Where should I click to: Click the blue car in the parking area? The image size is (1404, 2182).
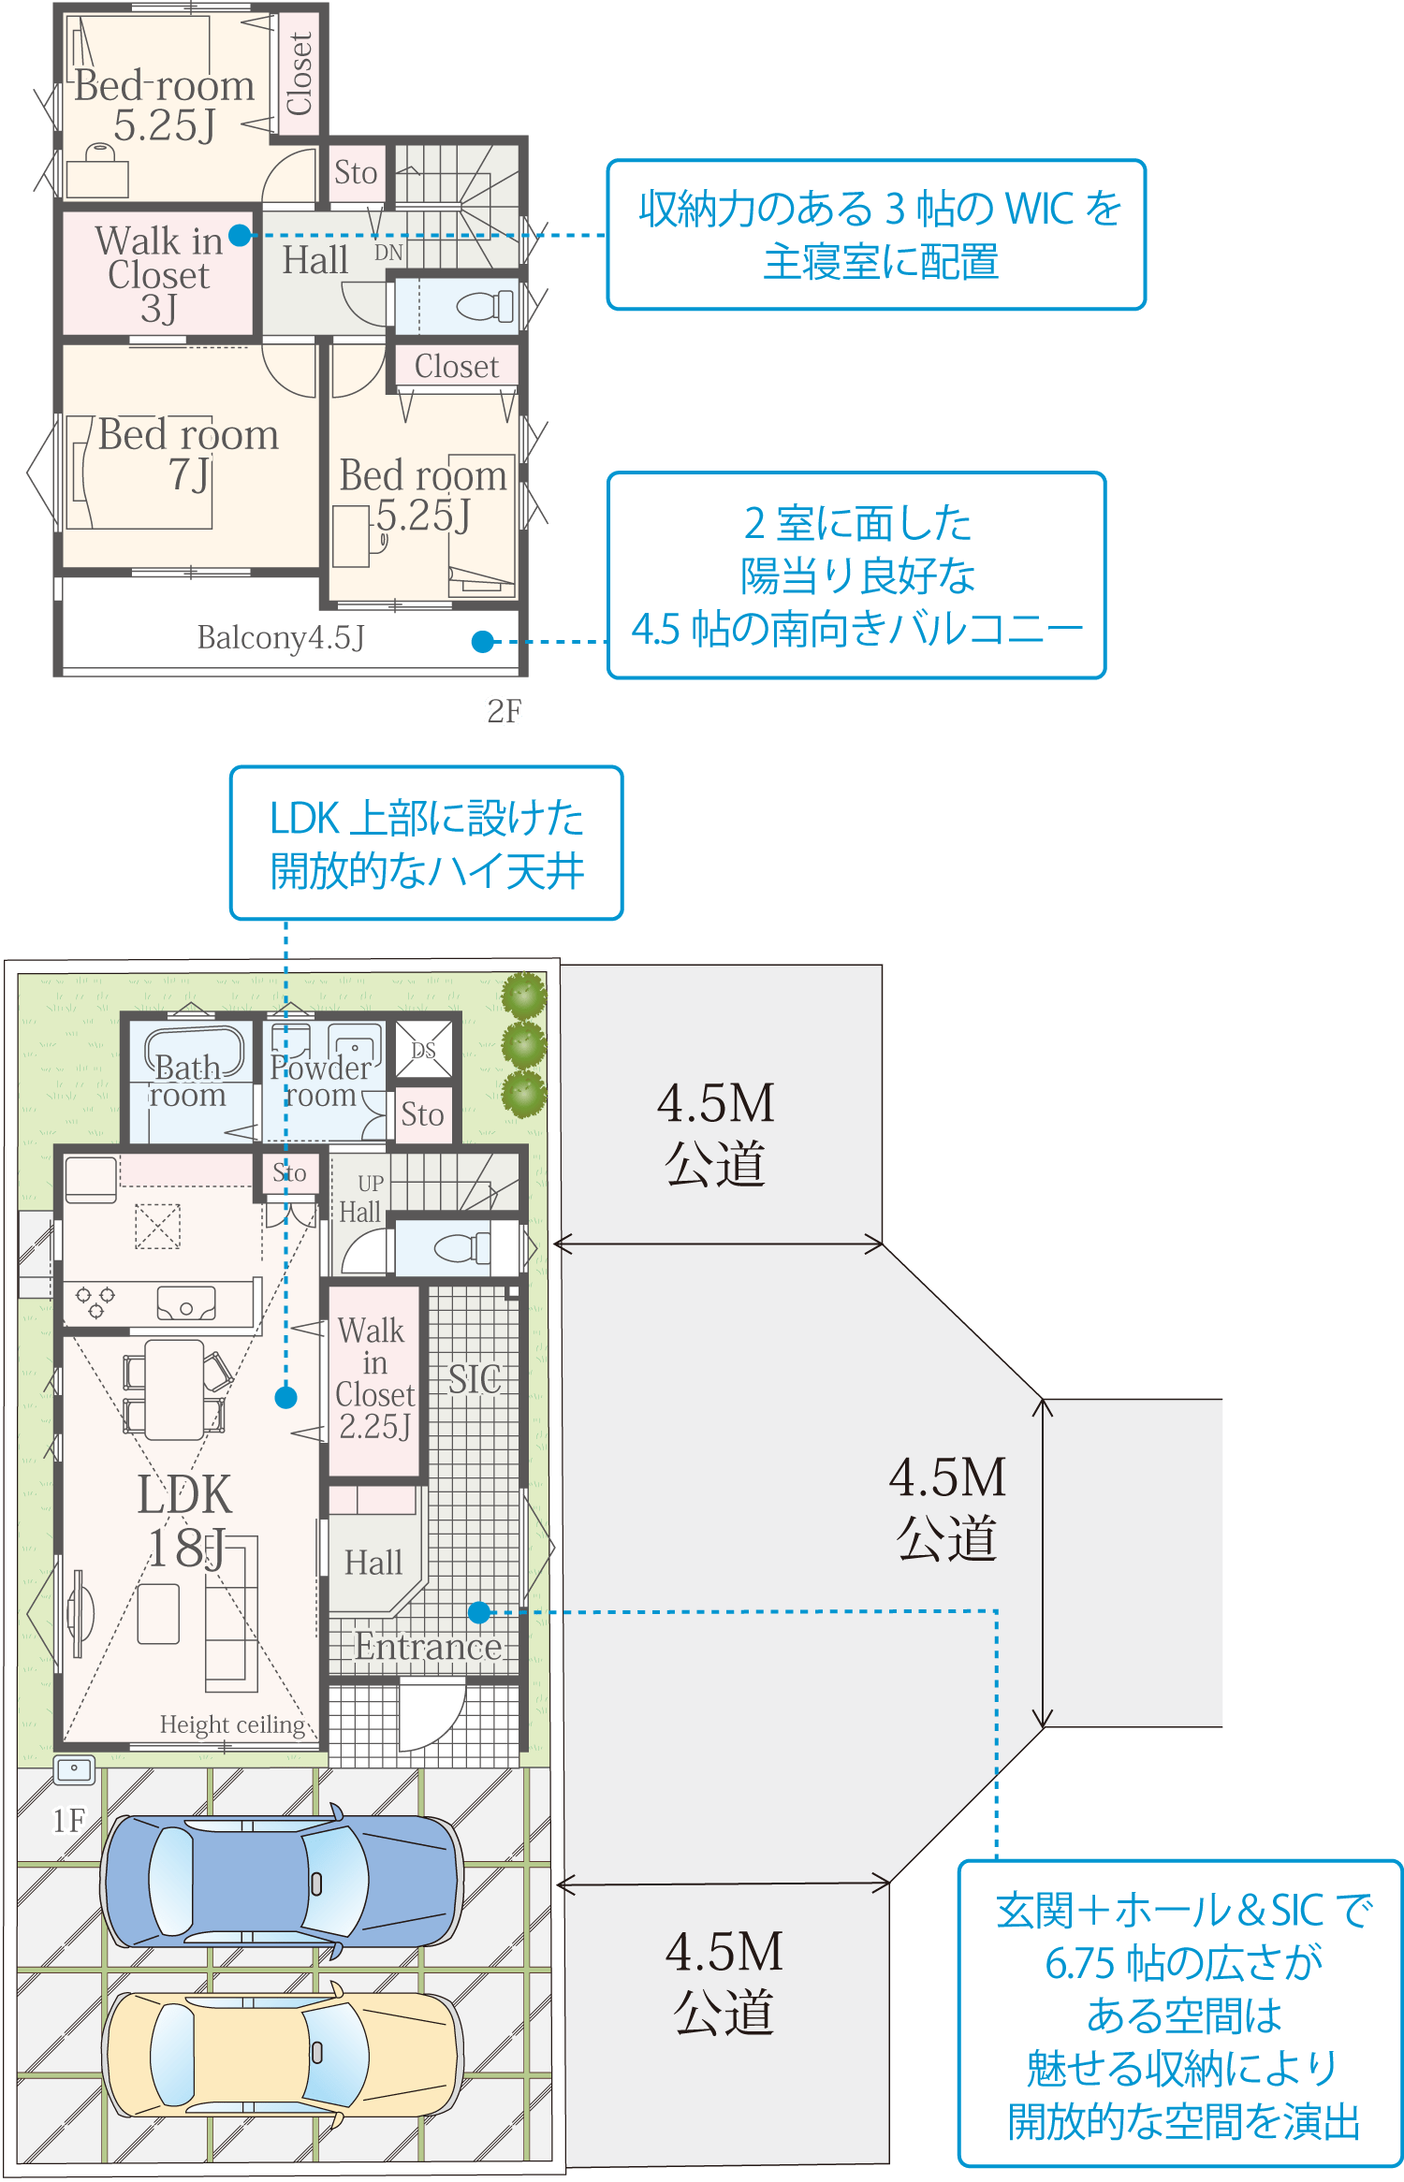point(281,1882)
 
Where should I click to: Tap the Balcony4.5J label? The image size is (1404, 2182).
point(280,638)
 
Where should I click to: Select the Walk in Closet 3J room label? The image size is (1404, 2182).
point(158,274)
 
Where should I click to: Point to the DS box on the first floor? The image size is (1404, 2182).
point(423,1050)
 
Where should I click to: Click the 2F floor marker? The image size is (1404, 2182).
point(504,711)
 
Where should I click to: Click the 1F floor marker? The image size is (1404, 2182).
point(68,1820)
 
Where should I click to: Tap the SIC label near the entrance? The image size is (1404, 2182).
point(474,1379)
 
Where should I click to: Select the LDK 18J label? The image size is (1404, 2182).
point(185,1521)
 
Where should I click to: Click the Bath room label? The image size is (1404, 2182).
point(187,1081)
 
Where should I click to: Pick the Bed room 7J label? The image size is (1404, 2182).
point(188,454)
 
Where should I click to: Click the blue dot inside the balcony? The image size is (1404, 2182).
point(482,642)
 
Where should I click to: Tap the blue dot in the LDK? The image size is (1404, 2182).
point(285,1397)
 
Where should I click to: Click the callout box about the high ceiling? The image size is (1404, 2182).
point(426,844)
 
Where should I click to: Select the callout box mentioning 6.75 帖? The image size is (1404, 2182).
point(1181,2013)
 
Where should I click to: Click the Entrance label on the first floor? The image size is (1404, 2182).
point(428,1647)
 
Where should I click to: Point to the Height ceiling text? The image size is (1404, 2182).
point(232,1724)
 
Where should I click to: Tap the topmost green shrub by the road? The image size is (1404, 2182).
point(523,996)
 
